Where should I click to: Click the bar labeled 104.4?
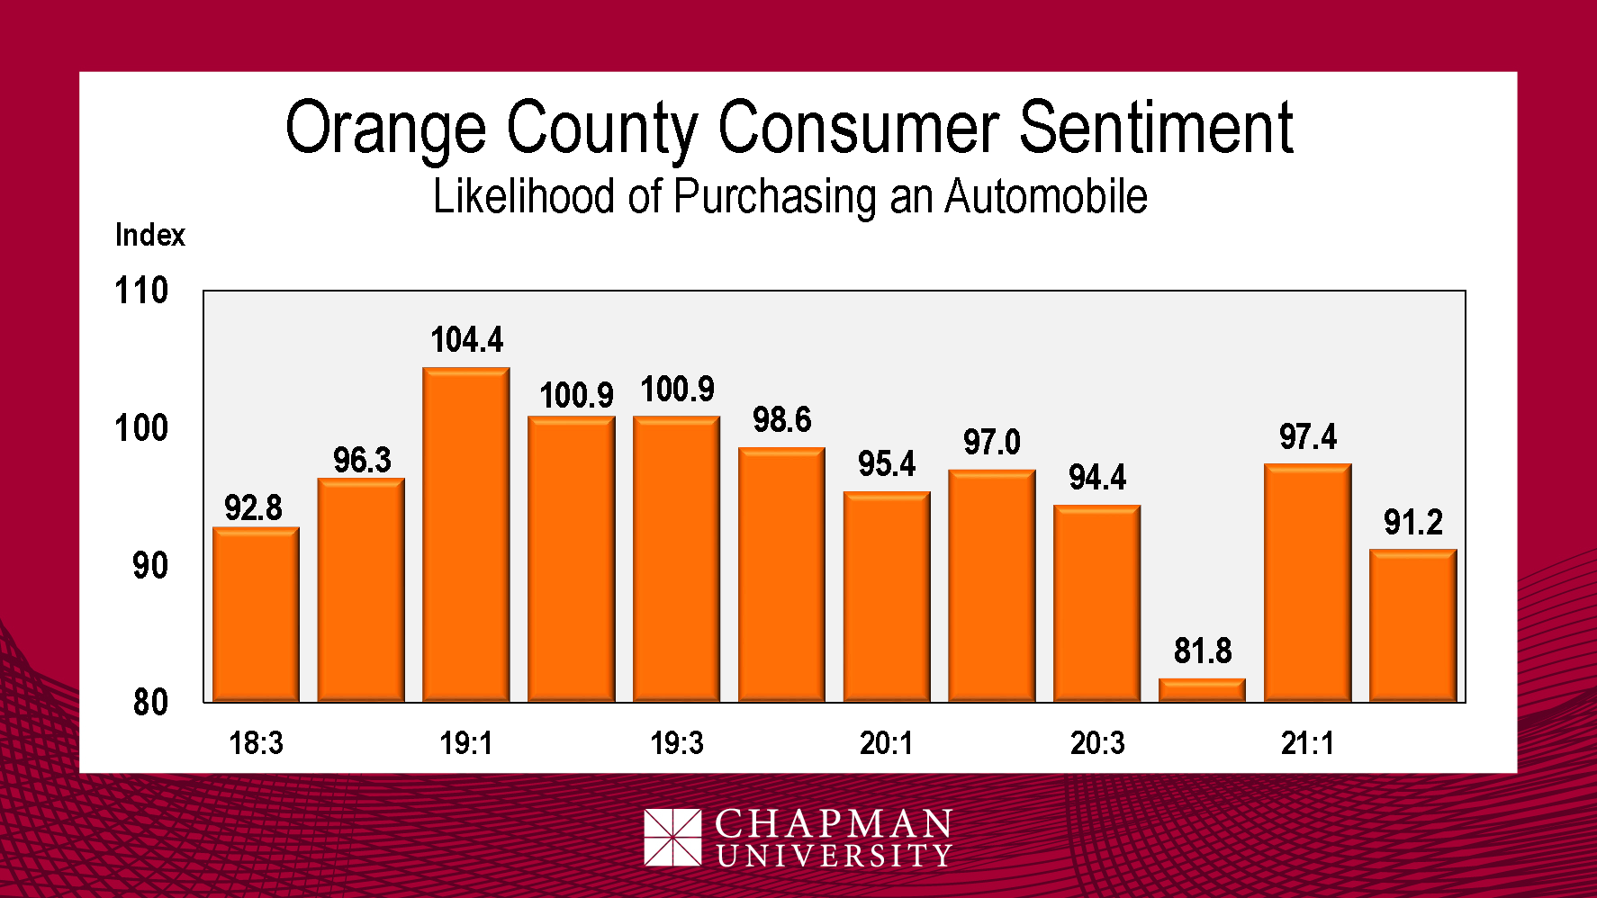tap(466, 534)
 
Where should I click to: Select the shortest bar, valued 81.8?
tap(1202, 690)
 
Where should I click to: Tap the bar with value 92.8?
tap(256, 615)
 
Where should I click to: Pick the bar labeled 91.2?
tap(1412, 625)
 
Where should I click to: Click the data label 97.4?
tap(1307, 437)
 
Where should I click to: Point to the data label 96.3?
tap(362, 461)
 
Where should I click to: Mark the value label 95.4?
tap(886, 464)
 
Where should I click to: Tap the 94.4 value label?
tap(1096, 478)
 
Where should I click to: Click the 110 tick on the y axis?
tap(141, 292)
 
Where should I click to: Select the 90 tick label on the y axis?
tap(150, 566)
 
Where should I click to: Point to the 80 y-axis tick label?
tap(150, 703)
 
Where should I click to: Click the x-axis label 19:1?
tap(466, 744)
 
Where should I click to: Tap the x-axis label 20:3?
tap(1096, 744)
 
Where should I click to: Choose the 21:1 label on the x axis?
tap(1307, 744)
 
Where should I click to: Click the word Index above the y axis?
tap(149, 236)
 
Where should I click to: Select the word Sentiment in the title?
tap(1156, 128)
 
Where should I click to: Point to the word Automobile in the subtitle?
tap(1045, 197)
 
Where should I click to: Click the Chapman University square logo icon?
tap(672, 838)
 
